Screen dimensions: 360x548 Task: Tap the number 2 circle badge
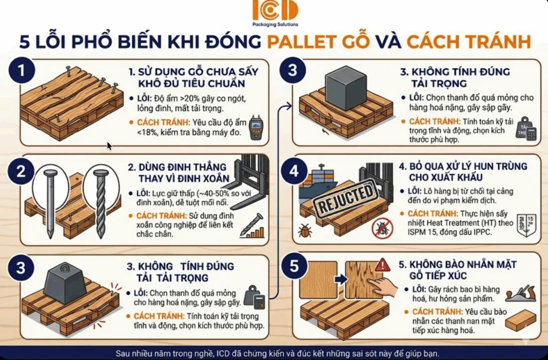[x=21, y=172]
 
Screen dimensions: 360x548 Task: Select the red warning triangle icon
[x=383, y=264]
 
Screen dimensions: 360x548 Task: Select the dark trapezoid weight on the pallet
[x=66, y=283]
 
